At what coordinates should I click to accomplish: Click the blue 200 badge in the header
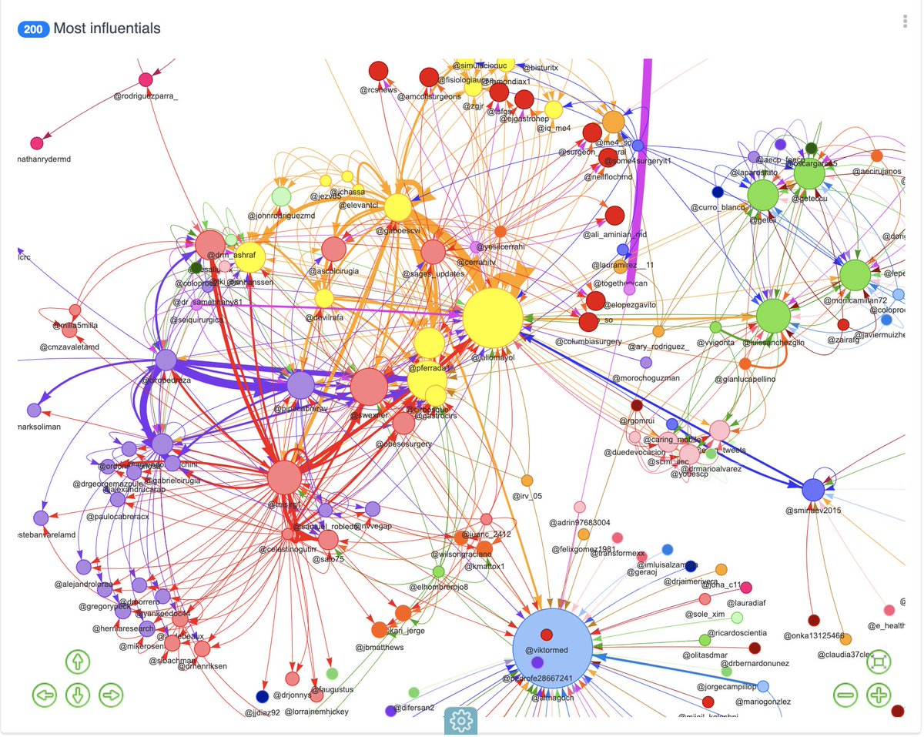click(x=33, y=28)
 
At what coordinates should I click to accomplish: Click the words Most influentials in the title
click(x=107, y=28)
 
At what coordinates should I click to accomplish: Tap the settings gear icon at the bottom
click(x=461, y=720)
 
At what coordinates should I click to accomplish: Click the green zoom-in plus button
click(x=879, y=695)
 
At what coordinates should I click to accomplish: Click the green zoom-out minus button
click(x=845, y=695)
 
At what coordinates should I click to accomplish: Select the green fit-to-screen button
click(x=879, y=661)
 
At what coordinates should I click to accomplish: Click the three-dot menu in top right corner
click(x=906, y=22)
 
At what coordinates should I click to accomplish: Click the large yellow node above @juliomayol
click(x=493, y=319)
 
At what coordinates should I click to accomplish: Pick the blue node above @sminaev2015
click(x=813, y=490)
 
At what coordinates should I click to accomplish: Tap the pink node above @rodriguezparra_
click(x=146, y=79)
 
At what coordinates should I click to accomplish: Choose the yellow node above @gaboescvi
click(x=397, y=208)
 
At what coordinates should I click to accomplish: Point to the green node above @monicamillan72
click(x=855, y=275)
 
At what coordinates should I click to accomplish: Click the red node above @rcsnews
click(x=378, y=72)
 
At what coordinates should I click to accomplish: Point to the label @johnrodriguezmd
click(x=282, y=216)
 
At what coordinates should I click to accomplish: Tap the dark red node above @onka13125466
click(x=814, y=620)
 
